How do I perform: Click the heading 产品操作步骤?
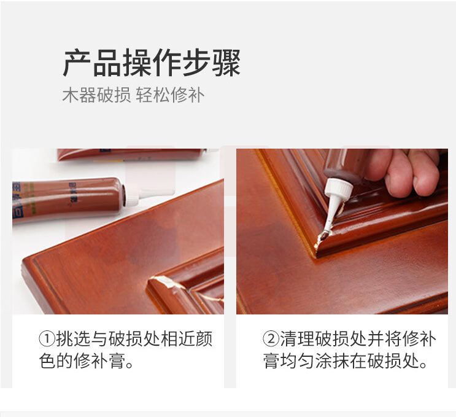(x=152, y=63)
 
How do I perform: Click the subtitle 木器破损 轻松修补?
(x=133, y=95)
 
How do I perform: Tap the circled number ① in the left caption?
(x=47, y=339)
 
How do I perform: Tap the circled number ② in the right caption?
(x=271, y=339)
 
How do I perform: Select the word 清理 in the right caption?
(x=297, y=339)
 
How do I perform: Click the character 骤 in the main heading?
(x=226, y=63)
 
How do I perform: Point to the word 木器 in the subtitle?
(x=79, y=95)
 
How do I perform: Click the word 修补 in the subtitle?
(x=188, y=95)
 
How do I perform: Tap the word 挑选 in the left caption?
(x=73, y=339)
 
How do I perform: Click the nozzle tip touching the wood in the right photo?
(x=322, y=237)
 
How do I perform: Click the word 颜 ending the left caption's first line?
(x=204, y=339)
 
